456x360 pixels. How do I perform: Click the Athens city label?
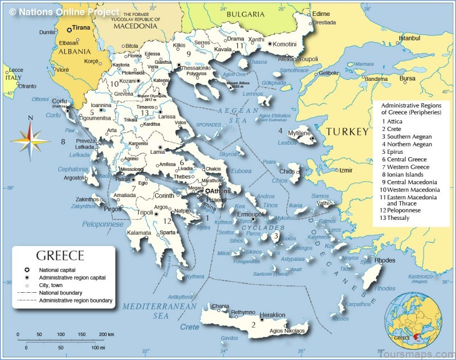[x=222, y=191]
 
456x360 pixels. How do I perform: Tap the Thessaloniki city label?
[x=196, y=67]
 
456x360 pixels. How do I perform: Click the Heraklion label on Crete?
[x=272, y=315]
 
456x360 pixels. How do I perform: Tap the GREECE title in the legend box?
[x=60, y=256]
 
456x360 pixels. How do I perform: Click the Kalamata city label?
[x=139, y=233]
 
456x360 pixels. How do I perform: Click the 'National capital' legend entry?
[x=57, y=269]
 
